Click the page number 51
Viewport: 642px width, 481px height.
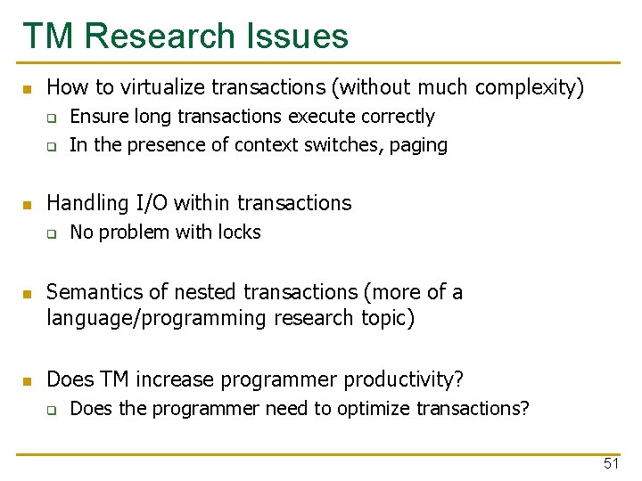click(611, 463)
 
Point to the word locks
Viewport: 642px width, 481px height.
click(239, 232)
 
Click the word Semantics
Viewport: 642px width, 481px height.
click(91, 292)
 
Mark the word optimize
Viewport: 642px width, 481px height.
click(380, 409)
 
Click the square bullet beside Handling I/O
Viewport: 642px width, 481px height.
click(27, 205)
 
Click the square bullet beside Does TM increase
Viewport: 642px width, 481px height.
click(27, 381)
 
